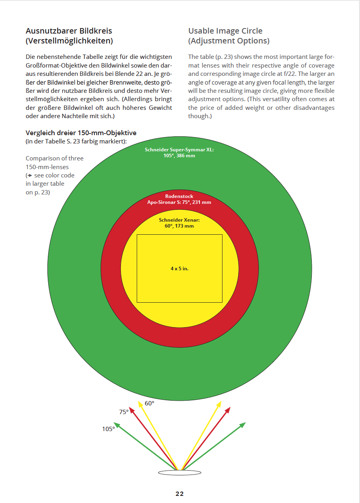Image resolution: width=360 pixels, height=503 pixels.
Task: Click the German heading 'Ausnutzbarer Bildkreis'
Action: tap(69, 31)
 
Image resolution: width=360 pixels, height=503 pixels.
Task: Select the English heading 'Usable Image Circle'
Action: tap(225, 31)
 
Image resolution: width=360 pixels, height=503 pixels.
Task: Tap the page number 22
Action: tap(180, 494)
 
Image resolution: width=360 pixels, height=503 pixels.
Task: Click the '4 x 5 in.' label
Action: tap(179, 269)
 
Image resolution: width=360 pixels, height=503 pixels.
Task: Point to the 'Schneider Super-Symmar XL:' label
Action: tap(179, 150)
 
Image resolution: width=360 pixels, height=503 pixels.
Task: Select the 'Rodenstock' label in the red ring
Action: tap(179, 196)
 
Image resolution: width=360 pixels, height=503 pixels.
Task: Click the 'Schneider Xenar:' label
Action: tap(179, 220)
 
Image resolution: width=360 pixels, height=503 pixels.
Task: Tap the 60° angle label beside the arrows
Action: tap(149, 403)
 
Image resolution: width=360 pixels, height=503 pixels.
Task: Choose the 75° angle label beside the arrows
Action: tap(124, 412)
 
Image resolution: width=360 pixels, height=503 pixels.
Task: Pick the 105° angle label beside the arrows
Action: tap(108, 429)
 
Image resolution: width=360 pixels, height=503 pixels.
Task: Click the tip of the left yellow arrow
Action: tap(139, 401)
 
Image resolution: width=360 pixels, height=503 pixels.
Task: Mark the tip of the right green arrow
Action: tap(245, 423)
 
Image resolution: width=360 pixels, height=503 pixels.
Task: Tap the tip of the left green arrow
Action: tap(115, 423)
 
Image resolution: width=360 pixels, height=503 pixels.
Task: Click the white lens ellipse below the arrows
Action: tap(180, 473)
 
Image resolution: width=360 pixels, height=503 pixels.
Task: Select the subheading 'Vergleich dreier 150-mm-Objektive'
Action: tap(81, 133)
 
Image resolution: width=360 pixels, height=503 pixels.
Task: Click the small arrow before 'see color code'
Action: tap(29, 175)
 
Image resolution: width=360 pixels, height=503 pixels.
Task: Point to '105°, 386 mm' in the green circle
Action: tap(179, 156)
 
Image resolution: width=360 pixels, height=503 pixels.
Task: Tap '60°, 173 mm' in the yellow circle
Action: tap(179, 226)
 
